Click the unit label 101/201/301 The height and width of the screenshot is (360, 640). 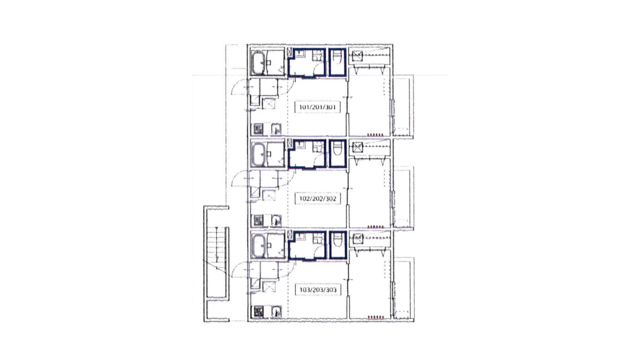317,107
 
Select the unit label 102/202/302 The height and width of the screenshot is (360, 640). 317,198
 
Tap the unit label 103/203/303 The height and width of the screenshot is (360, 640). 318,290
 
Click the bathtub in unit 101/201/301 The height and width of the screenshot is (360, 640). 259,62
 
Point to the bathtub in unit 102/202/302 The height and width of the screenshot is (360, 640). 259,154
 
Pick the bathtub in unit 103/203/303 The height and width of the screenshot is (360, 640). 259,246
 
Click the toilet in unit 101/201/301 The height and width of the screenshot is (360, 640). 338,58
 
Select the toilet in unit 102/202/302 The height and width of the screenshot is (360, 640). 338,149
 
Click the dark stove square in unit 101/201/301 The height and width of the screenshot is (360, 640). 258,129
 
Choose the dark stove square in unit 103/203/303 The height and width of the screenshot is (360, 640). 259,311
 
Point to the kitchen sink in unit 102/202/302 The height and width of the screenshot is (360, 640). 276,221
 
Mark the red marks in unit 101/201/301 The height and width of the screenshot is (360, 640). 375,134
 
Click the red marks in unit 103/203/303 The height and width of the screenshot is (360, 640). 375,317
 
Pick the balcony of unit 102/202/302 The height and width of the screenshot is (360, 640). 403,197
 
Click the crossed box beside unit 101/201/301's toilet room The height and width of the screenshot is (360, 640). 357,55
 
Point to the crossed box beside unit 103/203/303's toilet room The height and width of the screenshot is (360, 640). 358,238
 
